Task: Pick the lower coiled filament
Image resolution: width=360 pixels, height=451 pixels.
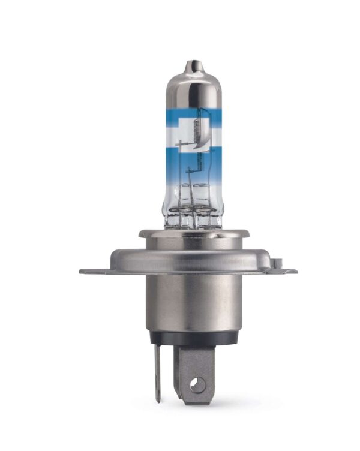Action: pos(194,160)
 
